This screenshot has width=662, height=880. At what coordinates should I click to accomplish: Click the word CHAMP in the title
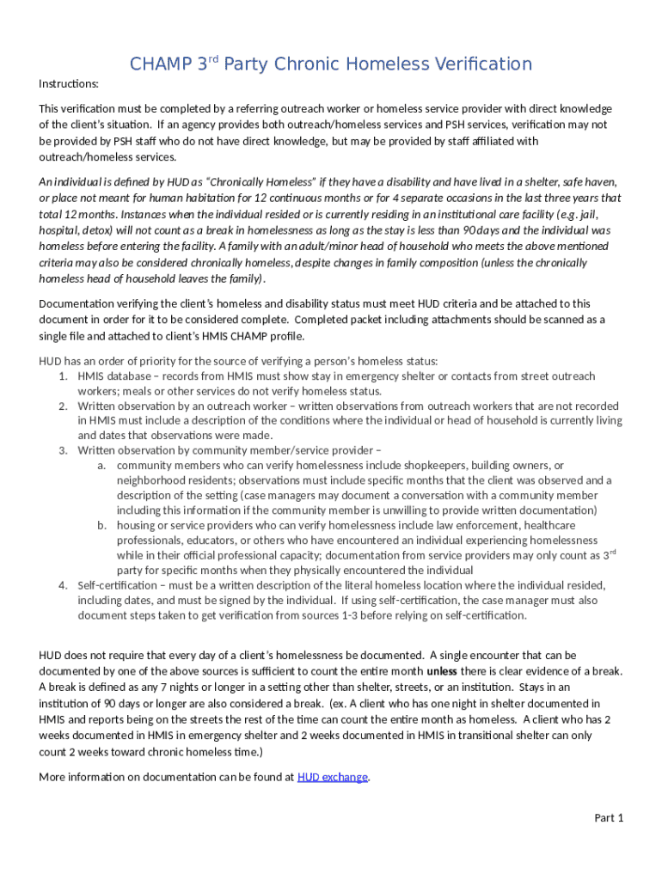click(x=157, y=64)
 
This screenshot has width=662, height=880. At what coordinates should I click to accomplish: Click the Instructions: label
click(x=69, y=83)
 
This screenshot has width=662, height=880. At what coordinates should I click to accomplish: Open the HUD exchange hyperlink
click(x=332, y=777)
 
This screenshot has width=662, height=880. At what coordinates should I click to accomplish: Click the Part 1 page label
click(x=609, y=817)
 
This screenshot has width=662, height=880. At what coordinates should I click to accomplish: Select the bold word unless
click(x=442, y=670)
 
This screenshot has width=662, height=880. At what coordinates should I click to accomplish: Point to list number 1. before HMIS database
click(x=64, y=376)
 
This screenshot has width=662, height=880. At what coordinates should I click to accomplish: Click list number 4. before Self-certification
click(x=64, y=585)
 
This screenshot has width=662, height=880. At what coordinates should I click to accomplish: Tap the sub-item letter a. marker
click(x=101, y=465)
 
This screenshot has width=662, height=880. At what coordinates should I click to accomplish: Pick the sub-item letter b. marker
click(x=101, y=525)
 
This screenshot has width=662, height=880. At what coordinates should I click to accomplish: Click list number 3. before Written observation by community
click(x=64, y=450)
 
